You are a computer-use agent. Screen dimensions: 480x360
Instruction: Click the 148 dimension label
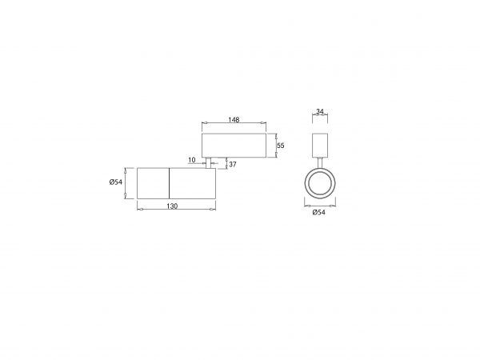click(x=234, y=119)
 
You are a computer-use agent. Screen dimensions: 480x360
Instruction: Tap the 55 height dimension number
click(x=281, y=146)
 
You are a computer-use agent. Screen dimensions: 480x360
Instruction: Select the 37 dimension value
click(x=233, y=164)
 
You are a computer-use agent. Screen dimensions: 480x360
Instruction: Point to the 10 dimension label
click(x=192, y=160)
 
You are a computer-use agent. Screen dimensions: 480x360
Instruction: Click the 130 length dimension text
click(x=172, y=206)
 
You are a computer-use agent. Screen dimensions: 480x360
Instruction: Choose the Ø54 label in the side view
click(x=116, y=182)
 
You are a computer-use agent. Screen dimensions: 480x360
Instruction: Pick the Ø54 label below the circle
click(x=319, y=212)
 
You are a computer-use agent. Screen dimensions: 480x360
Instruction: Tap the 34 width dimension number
click(x=320, y=111)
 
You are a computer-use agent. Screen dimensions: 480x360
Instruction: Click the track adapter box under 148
click(x=234, y=146)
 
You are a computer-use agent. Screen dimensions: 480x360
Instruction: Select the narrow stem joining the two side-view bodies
click(x=209, y=163)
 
